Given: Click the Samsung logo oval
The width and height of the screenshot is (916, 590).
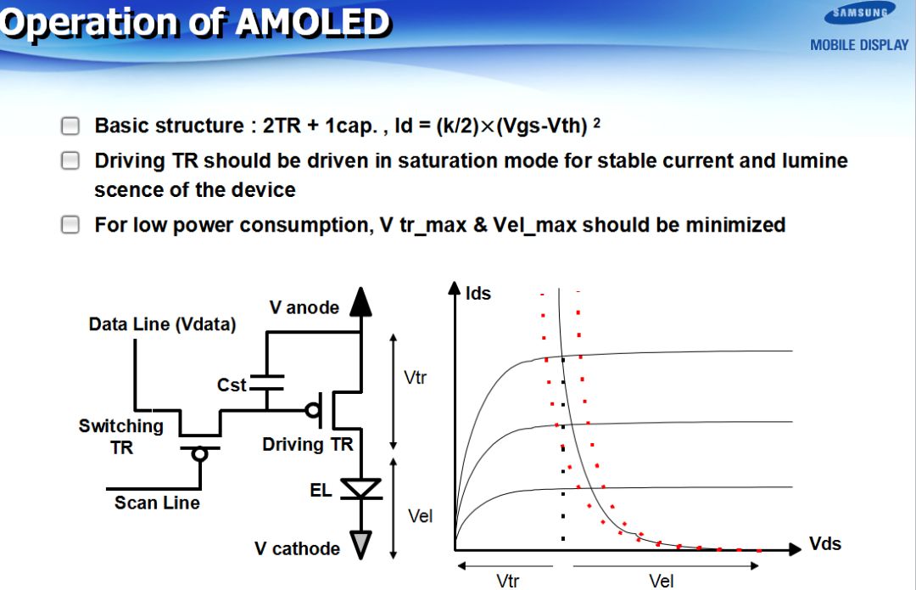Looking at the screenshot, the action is pos(859,14).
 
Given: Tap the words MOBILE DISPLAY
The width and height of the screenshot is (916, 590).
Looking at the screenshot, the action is pos(858,45).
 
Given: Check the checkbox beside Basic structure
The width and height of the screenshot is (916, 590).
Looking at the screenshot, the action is pos(70,126).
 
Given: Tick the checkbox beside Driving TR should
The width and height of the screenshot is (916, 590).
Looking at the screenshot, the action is pos(70,160).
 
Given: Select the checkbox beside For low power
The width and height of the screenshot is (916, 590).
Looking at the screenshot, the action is pos(70,224).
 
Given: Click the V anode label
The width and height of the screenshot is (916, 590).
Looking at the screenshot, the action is pos(304,307).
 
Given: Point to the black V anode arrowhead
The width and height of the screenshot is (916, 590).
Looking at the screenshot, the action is pos(361,301).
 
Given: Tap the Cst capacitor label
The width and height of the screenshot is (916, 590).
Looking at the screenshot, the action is pos(232,385).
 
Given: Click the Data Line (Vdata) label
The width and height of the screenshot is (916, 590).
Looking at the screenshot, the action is pos(162,324).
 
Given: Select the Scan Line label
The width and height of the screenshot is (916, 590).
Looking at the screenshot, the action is pos(157,503).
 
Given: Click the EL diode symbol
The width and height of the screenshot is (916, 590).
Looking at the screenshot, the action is pos(361,488).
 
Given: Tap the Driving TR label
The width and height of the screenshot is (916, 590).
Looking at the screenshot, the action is pos(308,444).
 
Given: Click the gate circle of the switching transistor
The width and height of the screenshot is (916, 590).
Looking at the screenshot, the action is pos(200,454).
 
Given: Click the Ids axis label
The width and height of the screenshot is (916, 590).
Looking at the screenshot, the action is pos(478,294).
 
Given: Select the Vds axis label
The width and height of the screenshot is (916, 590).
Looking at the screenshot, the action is pos(825,544).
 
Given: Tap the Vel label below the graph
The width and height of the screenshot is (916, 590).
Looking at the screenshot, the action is pos(662,582).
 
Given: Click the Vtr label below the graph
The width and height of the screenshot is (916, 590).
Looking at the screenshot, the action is pos(508,582).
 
